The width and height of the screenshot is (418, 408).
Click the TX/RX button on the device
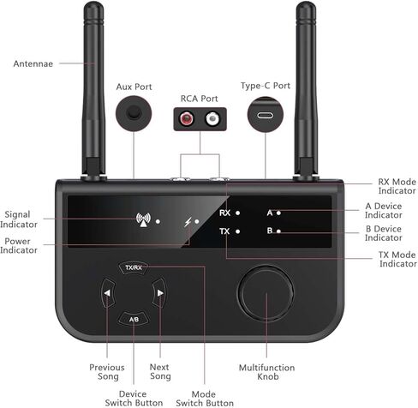tap(134, 267)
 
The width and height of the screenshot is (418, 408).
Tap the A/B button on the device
tap(134, 319)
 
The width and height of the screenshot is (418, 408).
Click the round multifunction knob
tap(266, 293)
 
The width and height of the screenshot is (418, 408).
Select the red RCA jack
tap(187, 118)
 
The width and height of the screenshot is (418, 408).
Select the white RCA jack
tap(212, 118)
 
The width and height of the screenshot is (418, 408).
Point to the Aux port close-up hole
tap(134, 112)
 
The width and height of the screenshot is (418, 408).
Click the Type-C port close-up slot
tap(265, 115)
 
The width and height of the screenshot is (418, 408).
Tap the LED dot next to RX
tap(237, 213)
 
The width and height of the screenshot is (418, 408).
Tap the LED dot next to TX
tap(237, 231)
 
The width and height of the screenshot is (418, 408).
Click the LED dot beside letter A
tap(278, 213)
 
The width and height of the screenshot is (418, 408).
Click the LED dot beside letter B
tap(278, 231)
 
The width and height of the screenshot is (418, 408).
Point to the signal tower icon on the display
tap(143, 220)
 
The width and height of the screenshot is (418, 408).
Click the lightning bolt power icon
tap(188, 222)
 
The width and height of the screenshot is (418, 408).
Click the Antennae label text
tap(33, 63)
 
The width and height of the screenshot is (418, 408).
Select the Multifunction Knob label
tap(267, 372)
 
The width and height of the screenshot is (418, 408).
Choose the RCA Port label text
tap(200, 99)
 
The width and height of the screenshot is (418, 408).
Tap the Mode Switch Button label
tap(205, 399)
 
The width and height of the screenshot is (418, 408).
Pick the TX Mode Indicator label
tap(397, 259)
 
